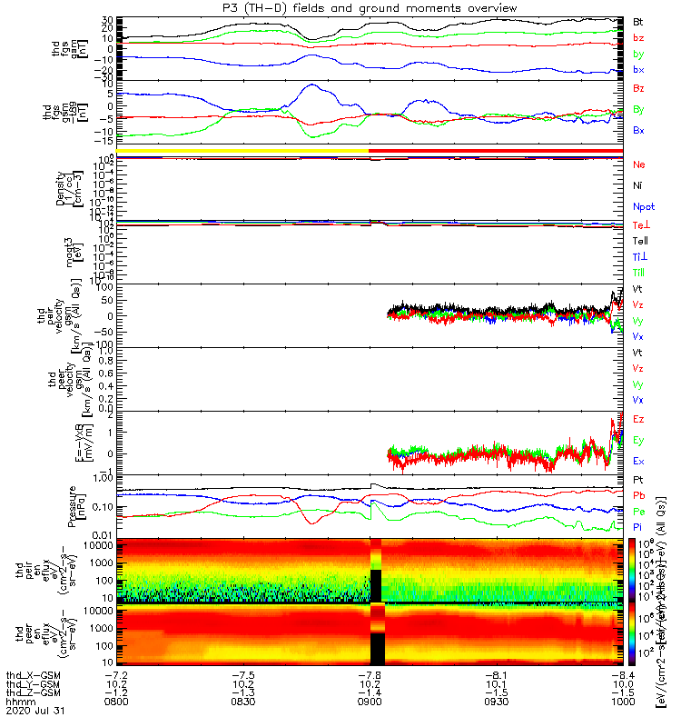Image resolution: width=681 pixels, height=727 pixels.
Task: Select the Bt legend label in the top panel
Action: tap(638, 21)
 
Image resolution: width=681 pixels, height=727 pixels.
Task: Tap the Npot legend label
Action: tap(642, 207)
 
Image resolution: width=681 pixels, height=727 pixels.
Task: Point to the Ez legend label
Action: tap(639, 419)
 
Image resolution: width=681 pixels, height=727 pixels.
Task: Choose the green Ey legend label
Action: tap(639, 441)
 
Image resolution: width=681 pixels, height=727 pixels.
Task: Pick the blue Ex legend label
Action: tap(639, 462)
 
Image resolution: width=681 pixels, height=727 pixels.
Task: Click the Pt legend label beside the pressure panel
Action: tap(638, 479)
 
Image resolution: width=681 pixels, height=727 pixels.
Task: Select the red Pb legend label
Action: tap(639, 495)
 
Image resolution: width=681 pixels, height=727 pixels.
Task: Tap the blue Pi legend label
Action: tap(638, 527)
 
